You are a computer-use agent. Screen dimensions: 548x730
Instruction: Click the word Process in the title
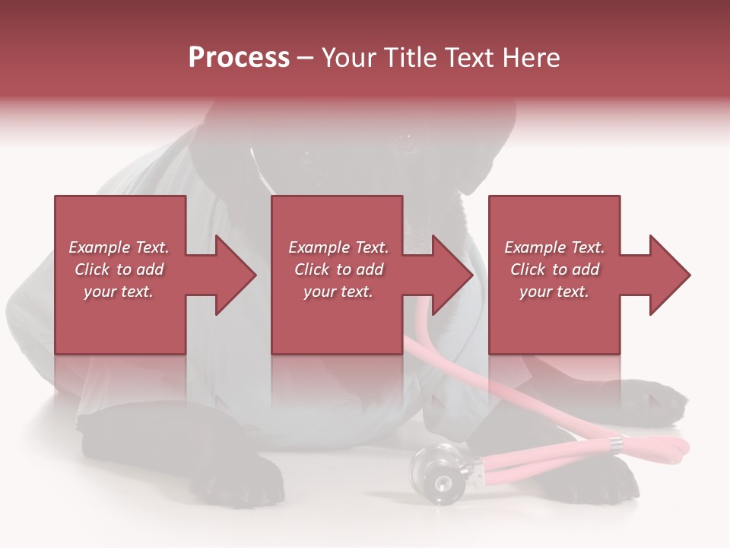(x=239, y=58)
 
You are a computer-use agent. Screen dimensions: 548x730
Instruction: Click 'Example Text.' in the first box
(x=119, y=247)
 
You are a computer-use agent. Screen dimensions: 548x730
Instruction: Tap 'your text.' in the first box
(x=119, y=292)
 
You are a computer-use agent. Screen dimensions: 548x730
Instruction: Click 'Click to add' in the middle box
(x=338, y=269)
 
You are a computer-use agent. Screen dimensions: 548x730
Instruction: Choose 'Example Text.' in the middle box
(x=338, y=247)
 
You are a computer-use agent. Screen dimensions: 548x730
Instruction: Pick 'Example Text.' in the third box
(x=554, y=247)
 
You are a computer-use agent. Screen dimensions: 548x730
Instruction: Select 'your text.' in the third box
(x=554, y=292)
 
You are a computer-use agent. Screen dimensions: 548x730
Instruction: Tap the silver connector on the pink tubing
(x=614, y=443)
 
